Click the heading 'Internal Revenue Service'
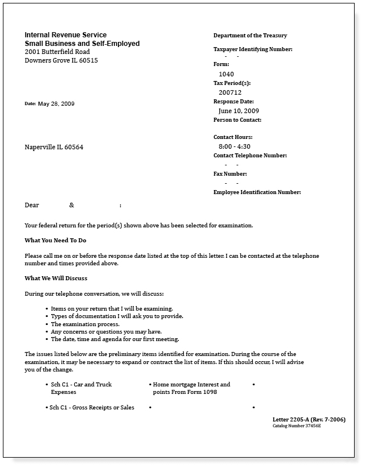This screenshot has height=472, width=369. [66, 35]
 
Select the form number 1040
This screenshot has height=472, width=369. [226, 74]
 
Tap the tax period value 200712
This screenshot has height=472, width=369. [230, 92]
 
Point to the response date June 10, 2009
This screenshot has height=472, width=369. [239, 111]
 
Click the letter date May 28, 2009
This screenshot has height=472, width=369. [56, 104]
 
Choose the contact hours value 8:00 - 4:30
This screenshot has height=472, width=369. [234, 146]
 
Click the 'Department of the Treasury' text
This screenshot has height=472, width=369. [250, 36]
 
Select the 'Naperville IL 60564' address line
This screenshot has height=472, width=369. [54, 147]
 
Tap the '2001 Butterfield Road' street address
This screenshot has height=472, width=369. [57, 52]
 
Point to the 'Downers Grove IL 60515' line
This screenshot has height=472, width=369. [61, 60]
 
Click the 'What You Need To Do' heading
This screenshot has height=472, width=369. [55, 240]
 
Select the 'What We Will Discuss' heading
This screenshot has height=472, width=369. [56, 278]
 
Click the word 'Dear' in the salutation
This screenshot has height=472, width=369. [32, 205]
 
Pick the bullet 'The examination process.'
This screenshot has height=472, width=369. [85, 324]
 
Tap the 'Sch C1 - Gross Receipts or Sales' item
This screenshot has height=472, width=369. [92, 408]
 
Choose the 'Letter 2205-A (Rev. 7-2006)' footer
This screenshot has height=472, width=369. [309, 420]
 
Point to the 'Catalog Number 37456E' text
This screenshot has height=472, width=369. [296, 426]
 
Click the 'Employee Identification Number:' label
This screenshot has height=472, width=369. [257, 192]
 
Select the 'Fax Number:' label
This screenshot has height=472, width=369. [230, 174]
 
